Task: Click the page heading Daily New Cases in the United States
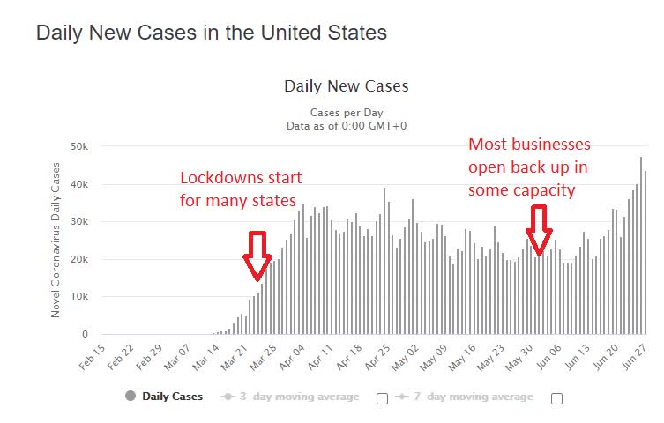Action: click(211, 33)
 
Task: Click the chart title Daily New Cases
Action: click(346, 86)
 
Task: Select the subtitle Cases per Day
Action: click(345, 113)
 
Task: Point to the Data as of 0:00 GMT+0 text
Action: click(345, 126)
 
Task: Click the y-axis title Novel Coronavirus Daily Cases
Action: click(55, 240)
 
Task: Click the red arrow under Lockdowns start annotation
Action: click(257, 255)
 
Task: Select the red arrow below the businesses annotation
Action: click(539, 228)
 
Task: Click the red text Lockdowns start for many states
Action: click(238, 189)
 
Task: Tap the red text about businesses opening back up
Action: click(529, 167)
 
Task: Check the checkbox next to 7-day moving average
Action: click(556, 398)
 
